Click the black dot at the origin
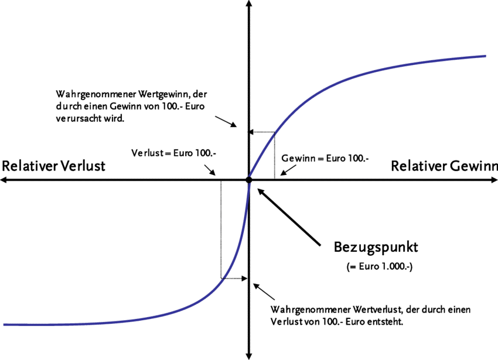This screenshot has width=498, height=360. point(248,180)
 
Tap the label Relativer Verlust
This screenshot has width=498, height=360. point(53,166)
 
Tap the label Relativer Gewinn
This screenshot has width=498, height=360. point(444,166)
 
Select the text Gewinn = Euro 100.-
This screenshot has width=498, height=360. point(325,158)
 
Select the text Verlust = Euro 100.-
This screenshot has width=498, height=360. point(173,153)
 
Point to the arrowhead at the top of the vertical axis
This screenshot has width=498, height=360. point(248,5)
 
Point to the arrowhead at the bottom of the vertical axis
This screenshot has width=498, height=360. point(248,355)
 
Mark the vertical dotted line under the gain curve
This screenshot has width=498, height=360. point(274,155)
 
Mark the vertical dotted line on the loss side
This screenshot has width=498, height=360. point(221,228)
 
